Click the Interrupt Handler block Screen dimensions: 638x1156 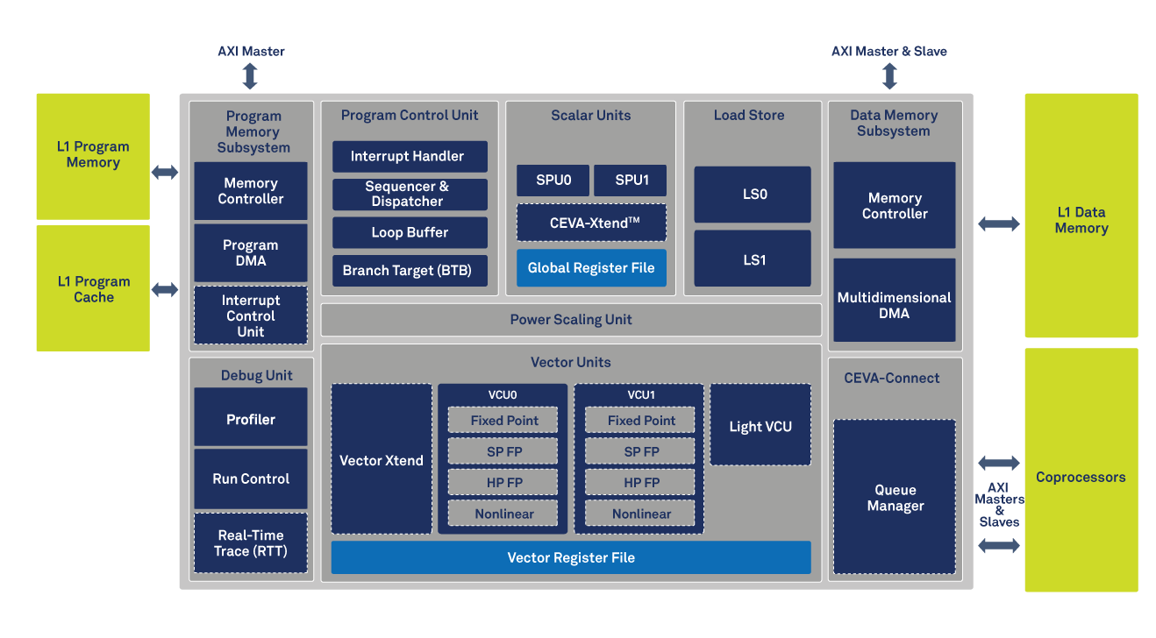[410, 157]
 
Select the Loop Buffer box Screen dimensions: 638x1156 [410, 233]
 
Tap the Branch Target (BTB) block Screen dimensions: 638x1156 [410, 271]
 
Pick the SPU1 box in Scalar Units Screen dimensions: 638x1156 [630, 181]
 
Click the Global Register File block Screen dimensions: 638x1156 [591, 268]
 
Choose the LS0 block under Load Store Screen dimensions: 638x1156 [753, 195]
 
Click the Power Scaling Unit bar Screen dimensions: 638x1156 [571, 320]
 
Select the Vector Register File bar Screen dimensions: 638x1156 [571, 557]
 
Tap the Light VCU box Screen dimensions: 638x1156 [760, 425]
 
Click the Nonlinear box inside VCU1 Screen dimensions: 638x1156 [641, 514]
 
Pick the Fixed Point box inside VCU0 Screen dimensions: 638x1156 [504, 421]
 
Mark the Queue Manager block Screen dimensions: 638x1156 [895, 498]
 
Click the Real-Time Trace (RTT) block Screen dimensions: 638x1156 [250, 543]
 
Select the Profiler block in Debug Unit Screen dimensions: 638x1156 [250, 418]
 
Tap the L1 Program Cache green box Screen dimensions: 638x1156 [93, 289]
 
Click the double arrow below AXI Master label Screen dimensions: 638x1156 [250, 76]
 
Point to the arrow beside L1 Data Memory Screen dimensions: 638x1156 [999, 224]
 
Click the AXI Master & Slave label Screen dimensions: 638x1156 [888, 52]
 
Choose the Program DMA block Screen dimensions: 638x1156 [250, 252]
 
